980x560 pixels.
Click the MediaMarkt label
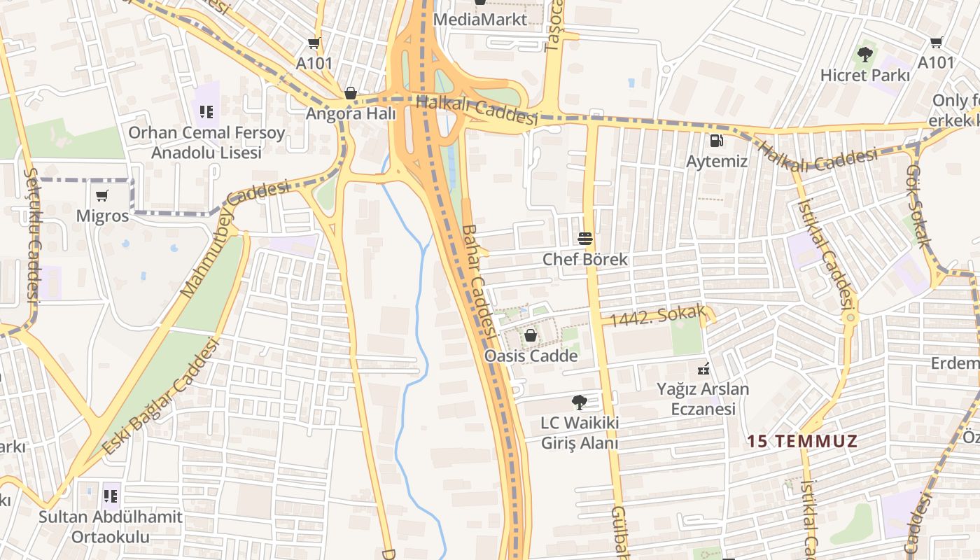point(480,19)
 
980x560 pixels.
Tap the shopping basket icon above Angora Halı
point(350,93)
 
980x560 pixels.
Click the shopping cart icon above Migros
point(102,195)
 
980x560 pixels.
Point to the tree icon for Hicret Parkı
point(865,54)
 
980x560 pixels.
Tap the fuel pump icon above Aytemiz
point(716,141)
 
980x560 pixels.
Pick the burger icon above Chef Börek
point(585,239)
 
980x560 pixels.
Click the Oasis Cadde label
point(531,356)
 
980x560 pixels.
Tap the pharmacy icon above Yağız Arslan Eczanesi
point(703,368)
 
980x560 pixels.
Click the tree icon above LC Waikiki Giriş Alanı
point(579,402)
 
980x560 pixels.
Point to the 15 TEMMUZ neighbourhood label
point(801,442)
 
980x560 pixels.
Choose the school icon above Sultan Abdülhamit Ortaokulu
point(111,496)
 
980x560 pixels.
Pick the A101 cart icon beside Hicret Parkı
point(936,43)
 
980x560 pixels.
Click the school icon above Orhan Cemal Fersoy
point(206,111)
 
